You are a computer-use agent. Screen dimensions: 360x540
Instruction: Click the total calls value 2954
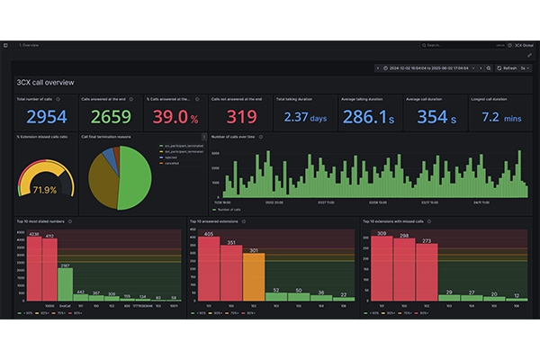pyautogui.click(x=46, y=116)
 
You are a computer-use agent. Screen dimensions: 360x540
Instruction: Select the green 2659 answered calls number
pyautogui.click(x=111, y=116)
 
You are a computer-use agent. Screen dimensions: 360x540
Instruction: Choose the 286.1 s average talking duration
pyautogui.click(x=369, y=117)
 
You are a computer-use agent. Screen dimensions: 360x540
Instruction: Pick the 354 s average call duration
pyautogui.click(x=432, y=117)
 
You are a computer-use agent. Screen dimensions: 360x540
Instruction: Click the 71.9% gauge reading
pyautogui.click(x=44, y=190)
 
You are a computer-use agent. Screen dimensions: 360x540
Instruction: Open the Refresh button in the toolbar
pyautogui.click(x=509, y=67)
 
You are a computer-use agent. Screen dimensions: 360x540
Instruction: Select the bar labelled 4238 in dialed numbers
pyautogui.click(x=33, y=266)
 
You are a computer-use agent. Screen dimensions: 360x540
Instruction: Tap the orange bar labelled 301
pyautogui.click(x=254, y=275)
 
